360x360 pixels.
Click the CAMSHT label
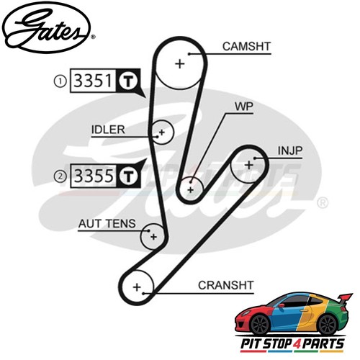click(x=246, y=47)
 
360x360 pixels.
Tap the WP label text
click(x=244, y=107)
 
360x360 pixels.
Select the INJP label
click(x=290, y=150)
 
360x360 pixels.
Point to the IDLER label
click(x=108, y=130)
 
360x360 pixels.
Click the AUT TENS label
click(x=107, y=224)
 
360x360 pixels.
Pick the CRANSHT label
click(x=226, y=285)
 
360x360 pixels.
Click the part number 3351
click(x=93, y=81)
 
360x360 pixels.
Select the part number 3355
click(x=94, y=176)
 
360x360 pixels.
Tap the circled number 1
click(x=60, y=81)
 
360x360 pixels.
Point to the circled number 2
click(x=60, y=176)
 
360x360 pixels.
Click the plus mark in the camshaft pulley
click(x=180, y=64)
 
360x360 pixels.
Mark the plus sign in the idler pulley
click(x=162, y=132)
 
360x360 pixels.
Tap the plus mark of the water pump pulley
click(x=191, y=190)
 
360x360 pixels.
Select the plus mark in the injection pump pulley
click(x=249, y=165)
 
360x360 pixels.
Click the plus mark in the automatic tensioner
click(x=153, y=237)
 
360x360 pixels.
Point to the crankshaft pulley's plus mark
click(x=137, y=287)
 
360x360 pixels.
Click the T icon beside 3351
click(x=128, y=81)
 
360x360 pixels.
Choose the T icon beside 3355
click(x=129, y=176)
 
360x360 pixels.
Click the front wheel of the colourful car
click(x=260, y=325)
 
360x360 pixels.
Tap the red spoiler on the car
click(x=345, y=298)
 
